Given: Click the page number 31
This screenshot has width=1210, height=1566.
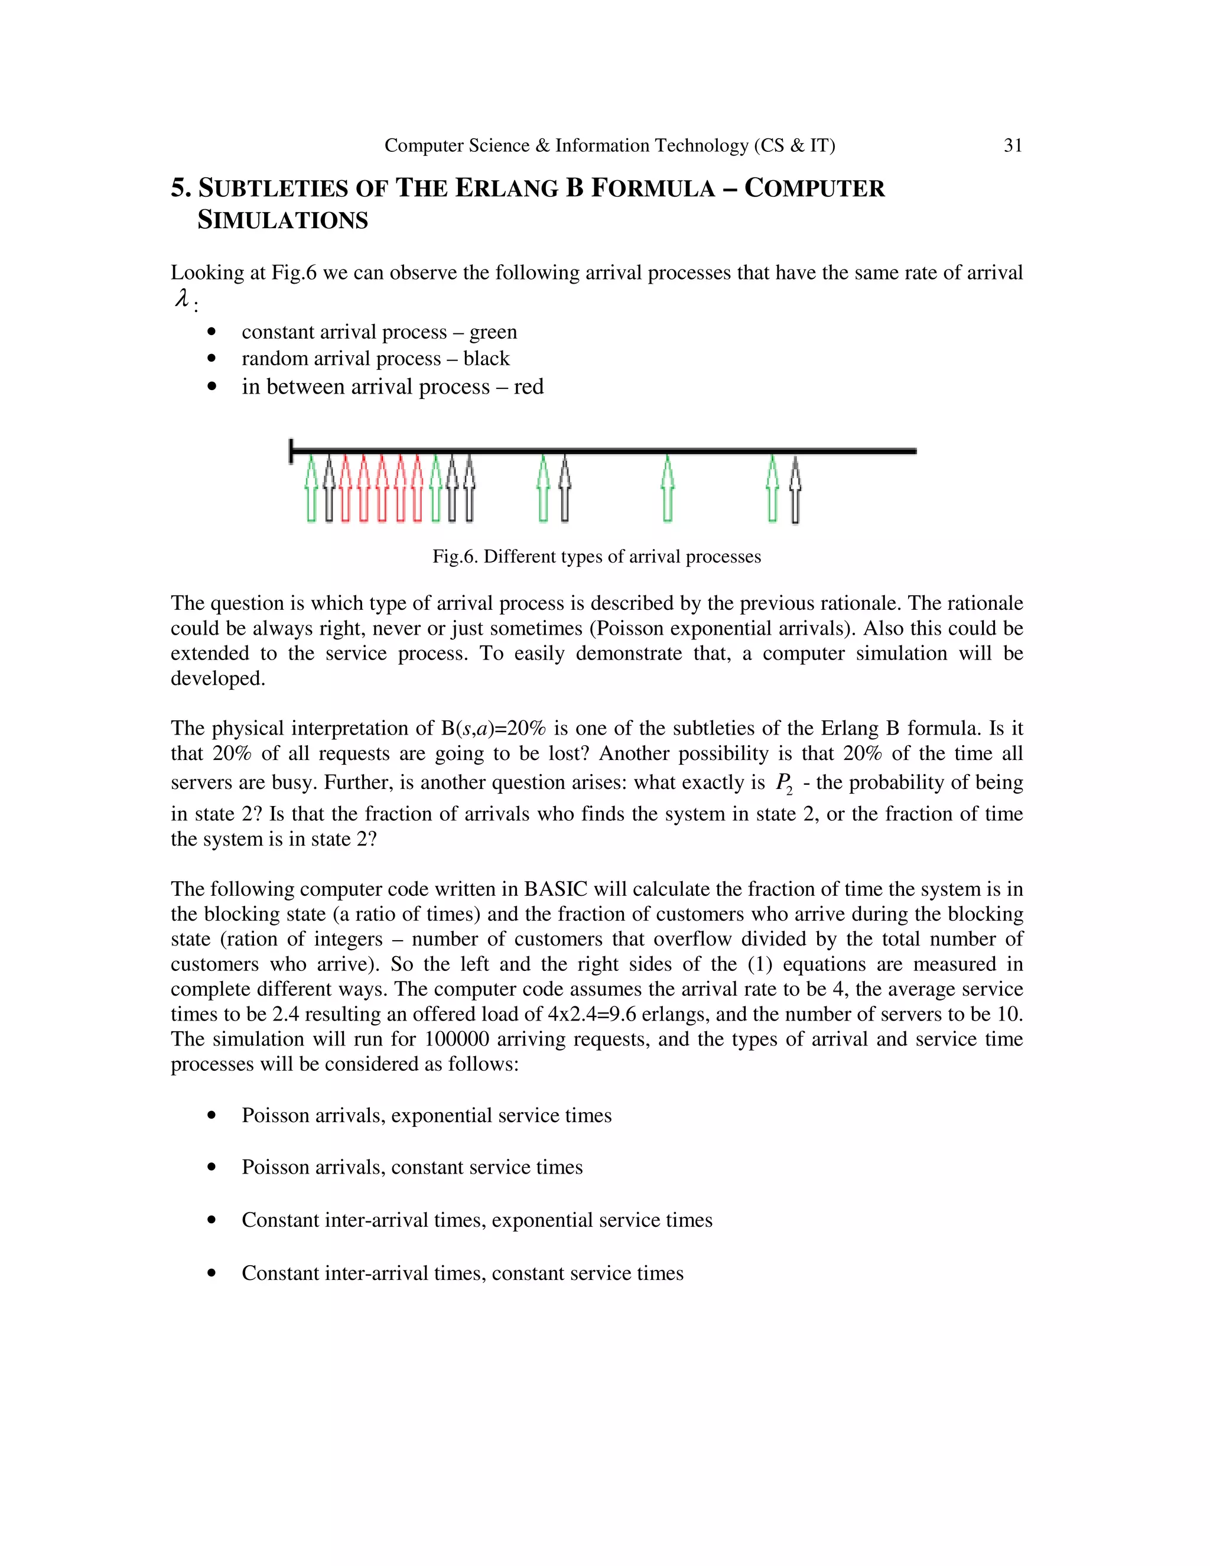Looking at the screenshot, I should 1012,145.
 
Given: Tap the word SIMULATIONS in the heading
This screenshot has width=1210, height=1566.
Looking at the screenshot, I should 282,220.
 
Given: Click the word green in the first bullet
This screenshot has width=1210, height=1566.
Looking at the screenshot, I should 493,332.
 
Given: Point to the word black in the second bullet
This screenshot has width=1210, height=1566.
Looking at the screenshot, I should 486,359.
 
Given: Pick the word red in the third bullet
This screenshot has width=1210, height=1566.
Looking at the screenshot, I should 528,387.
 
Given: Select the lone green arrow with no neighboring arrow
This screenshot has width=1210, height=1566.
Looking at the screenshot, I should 668,489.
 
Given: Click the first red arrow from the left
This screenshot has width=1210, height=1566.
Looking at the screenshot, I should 346,489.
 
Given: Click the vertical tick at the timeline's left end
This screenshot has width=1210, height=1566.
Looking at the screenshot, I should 291,451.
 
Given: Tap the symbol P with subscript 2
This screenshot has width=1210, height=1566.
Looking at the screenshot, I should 784,783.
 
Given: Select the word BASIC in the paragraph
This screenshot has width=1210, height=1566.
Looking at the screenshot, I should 555,889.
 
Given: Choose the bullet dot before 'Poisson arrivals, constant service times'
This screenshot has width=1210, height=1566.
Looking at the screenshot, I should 212,1167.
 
